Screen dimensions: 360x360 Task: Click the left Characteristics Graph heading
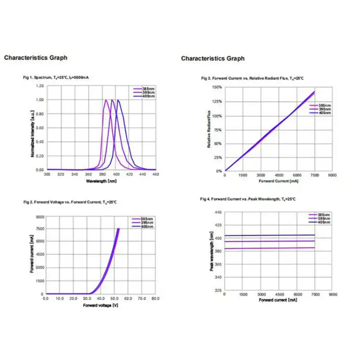click(x=36, y=58)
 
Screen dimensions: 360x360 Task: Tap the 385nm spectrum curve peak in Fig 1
click(x=106, y=100)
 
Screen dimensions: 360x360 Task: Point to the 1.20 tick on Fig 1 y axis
click(x=40, y=85)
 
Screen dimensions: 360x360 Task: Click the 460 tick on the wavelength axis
click(x=156, y=174)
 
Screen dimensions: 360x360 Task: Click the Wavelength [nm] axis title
click(x=102, y=180)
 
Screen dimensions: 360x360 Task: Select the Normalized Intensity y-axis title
click(x=33, y=129)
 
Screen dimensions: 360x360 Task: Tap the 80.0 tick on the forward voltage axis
click(x=155, y=298)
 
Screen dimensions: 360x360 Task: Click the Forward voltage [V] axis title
click(x=101, y=305)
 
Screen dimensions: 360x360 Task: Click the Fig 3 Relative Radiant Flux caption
click(x=252, y=78)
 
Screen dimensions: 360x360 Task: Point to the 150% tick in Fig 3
click(x=217, y=87)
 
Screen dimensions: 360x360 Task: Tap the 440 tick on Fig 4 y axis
click(x=218, y=212)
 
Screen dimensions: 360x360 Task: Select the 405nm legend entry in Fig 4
click(x=324, y=222)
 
